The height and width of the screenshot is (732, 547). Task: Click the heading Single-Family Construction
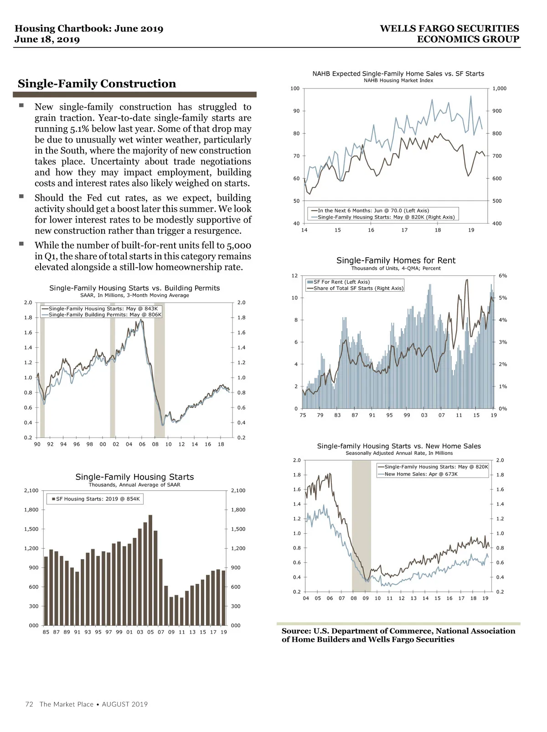(97, 84)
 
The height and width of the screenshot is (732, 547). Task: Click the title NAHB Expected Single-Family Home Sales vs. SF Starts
(398, 74)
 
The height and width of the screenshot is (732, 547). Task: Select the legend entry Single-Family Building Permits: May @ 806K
(105, 314)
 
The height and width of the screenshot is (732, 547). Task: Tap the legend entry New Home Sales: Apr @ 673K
(421, 474)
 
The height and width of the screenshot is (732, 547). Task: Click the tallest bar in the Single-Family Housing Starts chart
(150, 570)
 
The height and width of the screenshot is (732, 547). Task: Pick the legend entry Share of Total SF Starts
(358, 288)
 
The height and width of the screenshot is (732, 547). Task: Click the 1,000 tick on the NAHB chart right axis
(499, 88)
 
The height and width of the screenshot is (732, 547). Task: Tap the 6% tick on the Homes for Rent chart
(503, 276)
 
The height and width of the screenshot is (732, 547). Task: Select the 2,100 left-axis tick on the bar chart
(31, 490)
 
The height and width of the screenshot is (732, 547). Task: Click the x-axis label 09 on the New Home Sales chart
(366, 598)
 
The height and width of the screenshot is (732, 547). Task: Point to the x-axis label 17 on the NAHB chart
(404, 230)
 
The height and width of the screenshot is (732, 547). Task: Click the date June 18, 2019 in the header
(47, 40)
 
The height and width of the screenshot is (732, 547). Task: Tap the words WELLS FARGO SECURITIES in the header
(449, 29)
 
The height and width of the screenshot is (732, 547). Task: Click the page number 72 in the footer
(29, 704)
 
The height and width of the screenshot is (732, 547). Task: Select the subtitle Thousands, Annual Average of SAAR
(134, 485)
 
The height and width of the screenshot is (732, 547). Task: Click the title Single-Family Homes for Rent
(396, 261)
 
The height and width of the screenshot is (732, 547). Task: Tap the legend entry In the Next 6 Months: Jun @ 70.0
(373, 211)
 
